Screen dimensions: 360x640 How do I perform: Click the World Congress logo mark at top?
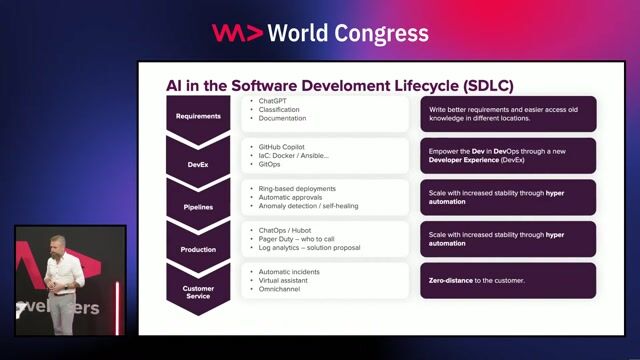(x=237, y=33)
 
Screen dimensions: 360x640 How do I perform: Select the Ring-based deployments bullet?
(x=297, y=188)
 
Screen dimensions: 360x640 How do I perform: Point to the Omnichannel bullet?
(x=282, y=290)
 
